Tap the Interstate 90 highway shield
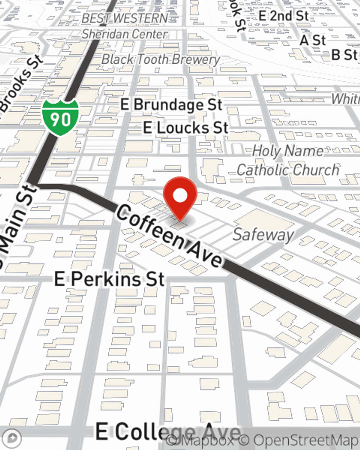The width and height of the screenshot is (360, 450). [x=60, y=117]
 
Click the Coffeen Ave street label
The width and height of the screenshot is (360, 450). [x=169, y=236]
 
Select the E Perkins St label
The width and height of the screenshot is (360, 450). [x=109, y=279]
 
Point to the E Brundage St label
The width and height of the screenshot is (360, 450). [x=171, y=105]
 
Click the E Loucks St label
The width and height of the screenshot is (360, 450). [x=186, y=128]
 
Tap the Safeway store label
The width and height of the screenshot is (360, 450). [x=263, y=235]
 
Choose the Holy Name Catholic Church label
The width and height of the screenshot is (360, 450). [x=288, y=160]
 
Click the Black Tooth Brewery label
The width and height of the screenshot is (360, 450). [x=161, y=59]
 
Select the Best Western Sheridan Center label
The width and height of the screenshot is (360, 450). [x=125, y=26]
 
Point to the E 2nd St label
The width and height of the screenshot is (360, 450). [x=284, y=16]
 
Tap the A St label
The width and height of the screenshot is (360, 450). [x=312, y=40]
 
